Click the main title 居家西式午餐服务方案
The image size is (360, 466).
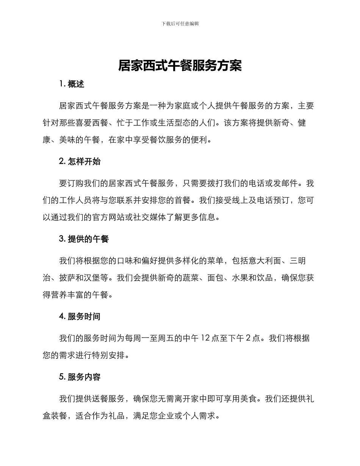coord(180,66)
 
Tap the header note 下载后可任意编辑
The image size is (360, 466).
coord(180,23)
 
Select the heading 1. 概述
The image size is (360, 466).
coord(72,84)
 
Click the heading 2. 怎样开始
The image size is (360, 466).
coord(80,161)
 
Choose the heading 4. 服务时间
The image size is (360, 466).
coord(80,316)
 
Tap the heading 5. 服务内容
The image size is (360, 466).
coord(80,377)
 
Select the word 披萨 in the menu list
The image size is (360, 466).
coord(67,278)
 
